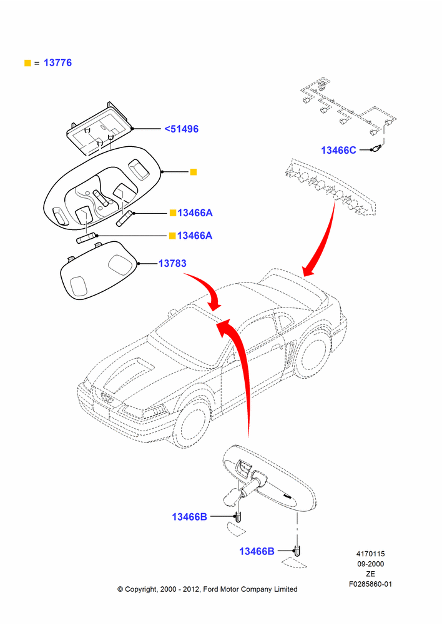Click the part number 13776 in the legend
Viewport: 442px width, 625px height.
[57, 62]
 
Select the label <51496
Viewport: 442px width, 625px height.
[181, 129]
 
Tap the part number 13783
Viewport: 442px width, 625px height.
[172, 263]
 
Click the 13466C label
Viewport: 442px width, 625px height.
[338, 150]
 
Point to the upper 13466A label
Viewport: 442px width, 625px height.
[195, 213]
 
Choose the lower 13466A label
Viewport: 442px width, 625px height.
[195, 236]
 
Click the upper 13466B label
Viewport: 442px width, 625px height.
[190, 517]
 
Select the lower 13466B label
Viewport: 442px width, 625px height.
[257, 551]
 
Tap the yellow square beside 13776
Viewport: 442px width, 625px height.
[27, 63]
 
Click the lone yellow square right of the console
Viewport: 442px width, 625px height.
[194, 172]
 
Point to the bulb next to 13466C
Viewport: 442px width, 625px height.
[376, 149]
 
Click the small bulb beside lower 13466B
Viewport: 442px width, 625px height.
[297, 551]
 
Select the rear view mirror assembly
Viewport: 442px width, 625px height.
[269, 480]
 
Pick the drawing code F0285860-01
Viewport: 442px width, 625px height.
[370, 584]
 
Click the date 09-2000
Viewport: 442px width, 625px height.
[370, 564]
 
